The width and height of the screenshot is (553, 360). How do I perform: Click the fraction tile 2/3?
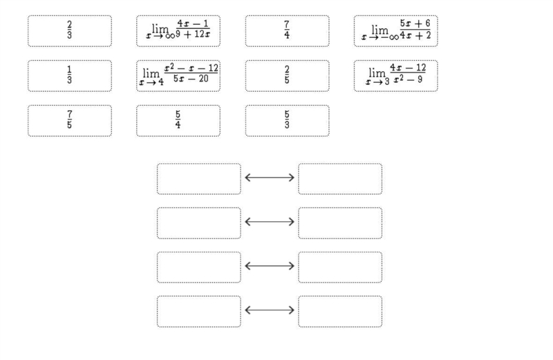[x=70, y=31]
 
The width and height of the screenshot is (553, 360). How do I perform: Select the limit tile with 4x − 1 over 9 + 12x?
[x=178, y=31]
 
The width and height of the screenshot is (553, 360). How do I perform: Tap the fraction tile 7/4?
[x=287, y=31]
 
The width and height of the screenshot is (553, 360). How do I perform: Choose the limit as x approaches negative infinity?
[x=395, y=31]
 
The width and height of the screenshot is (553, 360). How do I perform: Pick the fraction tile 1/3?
[x=70, y=76]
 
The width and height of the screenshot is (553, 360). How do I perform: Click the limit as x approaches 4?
[x=178, y=76]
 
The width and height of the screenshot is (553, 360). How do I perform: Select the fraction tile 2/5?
[x=287, y=76]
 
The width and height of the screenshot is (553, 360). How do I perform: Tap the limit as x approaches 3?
[x=395, y=76]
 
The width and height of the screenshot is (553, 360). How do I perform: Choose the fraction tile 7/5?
[x=70, y=121]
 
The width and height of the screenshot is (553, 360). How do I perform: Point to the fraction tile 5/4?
[x=178, y=121]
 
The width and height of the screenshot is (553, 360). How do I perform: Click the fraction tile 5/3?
[x=287, y=121]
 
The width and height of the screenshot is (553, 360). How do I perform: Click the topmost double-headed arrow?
[x=270, y=178]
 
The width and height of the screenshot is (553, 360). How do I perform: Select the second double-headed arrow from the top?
[x=270, y=222]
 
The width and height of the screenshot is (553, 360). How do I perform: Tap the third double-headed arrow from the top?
[x=270, y=266]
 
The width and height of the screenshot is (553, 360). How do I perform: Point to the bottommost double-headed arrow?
[x=270, y=310]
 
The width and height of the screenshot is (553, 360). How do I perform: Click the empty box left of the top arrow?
[x=199, y=179]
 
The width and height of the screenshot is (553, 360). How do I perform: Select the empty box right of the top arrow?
[x=340, y=179]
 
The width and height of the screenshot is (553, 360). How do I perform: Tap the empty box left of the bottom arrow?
[x=199, y=312]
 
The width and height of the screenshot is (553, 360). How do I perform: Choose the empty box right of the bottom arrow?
[x=340, y=312]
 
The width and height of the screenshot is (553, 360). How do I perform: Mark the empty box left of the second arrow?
[x=199, y=223]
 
